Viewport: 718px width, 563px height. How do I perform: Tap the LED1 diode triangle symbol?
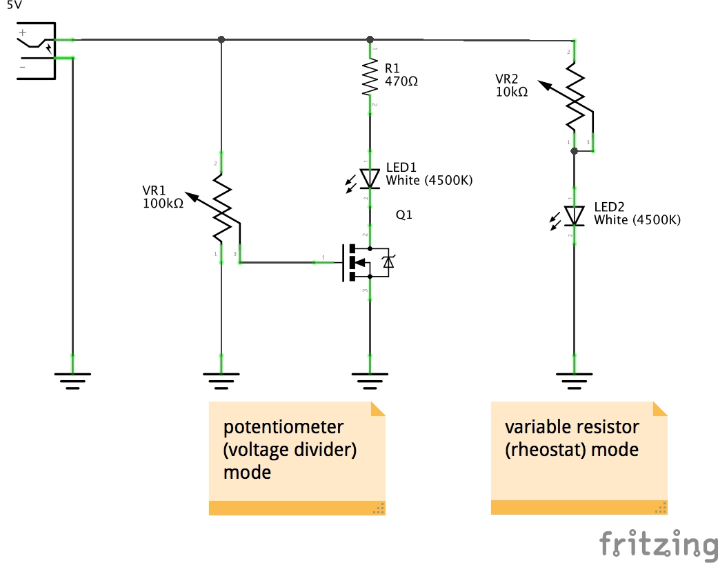(370, 179)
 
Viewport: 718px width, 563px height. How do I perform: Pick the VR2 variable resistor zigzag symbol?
(575, 97)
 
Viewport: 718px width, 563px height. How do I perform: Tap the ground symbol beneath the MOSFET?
(370, 380)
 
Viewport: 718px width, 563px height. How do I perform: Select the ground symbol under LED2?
(575, 380)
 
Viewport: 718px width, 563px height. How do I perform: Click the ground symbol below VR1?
(221, 380)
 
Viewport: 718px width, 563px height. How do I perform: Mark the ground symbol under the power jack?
(72, 380)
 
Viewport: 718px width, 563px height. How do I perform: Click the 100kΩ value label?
(163, 204)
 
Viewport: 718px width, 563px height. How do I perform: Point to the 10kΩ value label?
(511, 91)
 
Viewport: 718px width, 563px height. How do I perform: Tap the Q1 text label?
(403, 215)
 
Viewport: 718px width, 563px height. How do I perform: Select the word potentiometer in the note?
(283, 426)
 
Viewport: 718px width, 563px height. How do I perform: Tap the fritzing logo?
(657, 544)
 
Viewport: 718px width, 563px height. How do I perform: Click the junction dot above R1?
(370, 39)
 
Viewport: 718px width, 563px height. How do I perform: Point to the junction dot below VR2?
(575, 150)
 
